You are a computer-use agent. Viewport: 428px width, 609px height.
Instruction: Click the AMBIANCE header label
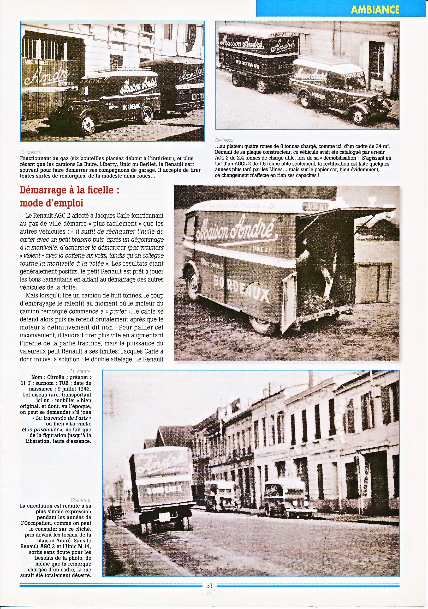(375, 10)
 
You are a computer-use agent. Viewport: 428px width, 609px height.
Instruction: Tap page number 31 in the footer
(209, 585)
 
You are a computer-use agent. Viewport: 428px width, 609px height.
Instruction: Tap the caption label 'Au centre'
(80, 372)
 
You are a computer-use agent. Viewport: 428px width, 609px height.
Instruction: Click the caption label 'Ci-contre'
(81, 500)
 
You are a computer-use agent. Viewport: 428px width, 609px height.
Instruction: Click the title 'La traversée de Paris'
(62, 418)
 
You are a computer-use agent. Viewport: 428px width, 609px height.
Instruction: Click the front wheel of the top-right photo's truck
(358, 117)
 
